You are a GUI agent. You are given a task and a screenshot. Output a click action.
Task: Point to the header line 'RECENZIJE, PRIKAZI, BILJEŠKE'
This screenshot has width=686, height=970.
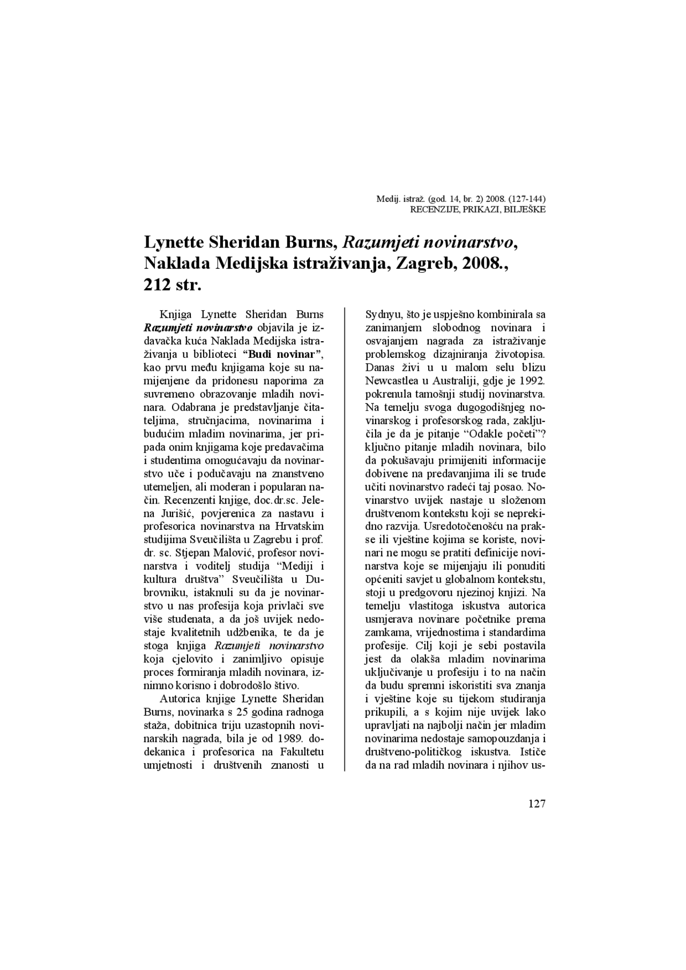(478, 209)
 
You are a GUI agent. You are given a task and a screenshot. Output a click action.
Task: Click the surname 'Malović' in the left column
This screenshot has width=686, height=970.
(241, 553)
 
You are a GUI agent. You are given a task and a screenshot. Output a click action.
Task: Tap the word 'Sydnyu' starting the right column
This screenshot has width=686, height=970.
(382, 314)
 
